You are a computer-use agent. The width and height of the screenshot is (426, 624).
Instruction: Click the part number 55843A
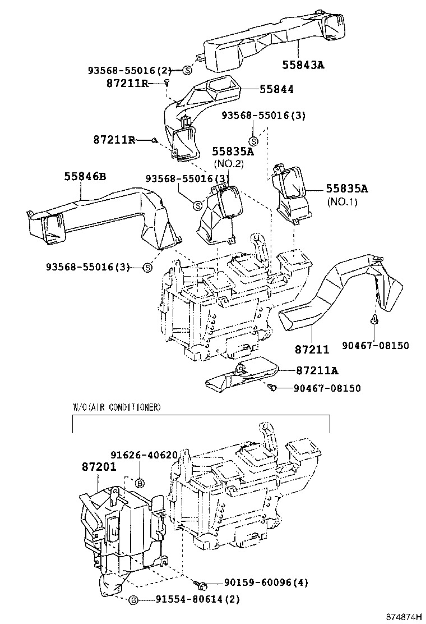(303, 65)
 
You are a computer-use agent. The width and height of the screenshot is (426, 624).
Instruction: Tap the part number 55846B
(85, 176)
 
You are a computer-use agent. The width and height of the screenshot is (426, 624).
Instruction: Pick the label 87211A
(317, 371)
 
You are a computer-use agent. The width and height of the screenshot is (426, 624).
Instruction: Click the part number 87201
(98, 467)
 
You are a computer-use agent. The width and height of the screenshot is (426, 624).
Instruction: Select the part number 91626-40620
(143, 455)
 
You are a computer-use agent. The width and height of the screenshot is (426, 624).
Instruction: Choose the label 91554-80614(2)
(198, 599)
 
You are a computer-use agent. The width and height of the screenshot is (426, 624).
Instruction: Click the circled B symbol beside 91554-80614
(133, 600)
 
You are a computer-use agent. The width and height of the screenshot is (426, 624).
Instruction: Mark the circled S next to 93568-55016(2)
(187, 70)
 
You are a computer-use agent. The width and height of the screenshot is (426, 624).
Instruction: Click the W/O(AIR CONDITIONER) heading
(117, 406)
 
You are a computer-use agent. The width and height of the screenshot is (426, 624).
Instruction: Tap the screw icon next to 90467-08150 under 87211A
(272, 388)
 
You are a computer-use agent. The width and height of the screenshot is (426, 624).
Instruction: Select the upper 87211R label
(127, 83)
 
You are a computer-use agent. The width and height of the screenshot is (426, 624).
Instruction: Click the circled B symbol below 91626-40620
(140, 483)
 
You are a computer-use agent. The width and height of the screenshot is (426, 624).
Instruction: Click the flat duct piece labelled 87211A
(241, 377)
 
